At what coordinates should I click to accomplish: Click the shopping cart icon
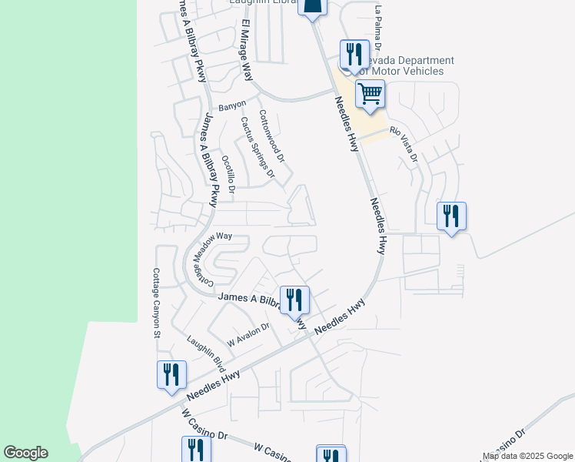pyautogui.click(x=370, y=95)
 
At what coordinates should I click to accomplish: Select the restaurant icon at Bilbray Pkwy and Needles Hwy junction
pyautogui.click(x=294, y=300)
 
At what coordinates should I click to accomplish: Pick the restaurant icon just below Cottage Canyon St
pyautogui.click(x=171, y=374)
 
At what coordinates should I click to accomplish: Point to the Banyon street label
pyautogui.click(x=232, y=105)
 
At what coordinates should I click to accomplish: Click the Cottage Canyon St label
pyautogui.click(x=155, y=303)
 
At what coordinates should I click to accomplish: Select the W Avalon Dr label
pyautogui.click(x=248, y=334)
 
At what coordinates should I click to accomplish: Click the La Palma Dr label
pyautogui.click(x=377, y=25)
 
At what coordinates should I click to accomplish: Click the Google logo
pyautogui.click(x=25, y=453)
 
